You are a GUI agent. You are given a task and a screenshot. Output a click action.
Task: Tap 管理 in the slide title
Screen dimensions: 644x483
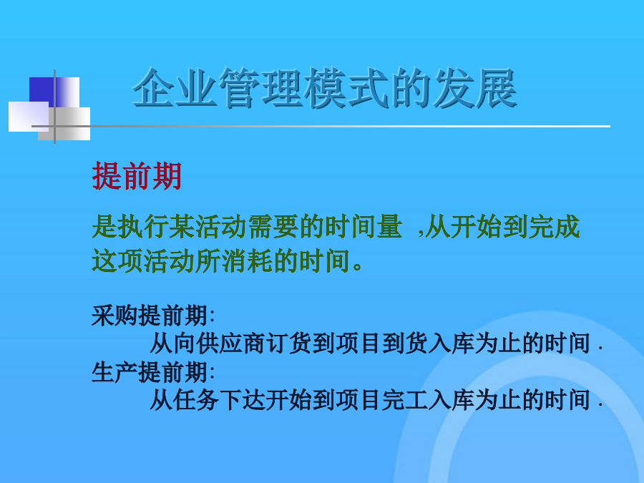point(260,88)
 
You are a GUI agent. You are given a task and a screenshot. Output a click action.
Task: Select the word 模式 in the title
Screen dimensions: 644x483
point(346,88)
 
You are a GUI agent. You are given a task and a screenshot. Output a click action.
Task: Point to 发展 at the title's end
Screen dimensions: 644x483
point(475,88)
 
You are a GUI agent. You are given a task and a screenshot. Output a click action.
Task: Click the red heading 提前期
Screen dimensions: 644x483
point(137,176)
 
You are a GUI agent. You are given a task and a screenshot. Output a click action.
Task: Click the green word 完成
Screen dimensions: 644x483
point(554,226)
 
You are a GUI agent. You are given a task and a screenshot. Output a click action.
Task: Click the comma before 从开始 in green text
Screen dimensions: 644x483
point(421,234)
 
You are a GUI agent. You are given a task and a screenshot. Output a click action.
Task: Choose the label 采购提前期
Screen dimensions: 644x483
point(149,316)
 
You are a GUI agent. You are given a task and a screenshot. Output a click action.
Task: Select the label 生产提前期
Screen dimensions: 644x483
point(149,372)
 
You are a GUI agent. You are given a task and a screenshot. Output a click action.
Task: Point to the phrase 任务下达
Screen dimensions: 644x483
point(220,400)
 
